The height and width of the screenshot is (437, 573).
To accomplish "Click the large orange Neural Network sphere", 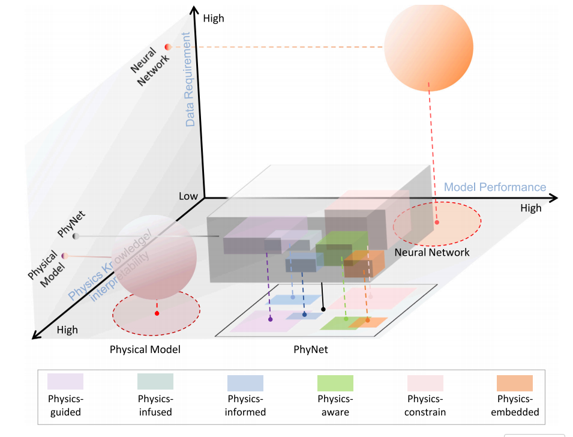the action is coord(428,47).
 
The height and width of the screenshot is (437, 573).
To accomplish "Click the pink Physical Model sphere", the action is coord(154,258).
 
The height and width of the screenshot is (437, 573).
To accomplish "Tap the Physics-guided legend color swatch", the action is coord(65,381).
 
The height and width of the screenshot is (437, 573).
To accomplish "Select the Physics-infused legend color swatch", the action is coord(155,381).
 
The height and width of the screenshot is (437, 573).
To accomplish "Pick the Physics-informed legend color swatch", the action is coord(245,383).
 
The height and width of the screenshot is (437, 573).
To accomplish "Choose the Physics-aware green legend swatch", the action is coord(335,383).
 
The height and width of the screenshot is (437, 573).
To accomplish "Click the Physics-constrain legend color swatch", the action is coord(425,383).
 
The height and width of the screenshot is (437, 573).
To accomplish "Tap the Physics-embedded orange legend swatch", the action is coord(515,383).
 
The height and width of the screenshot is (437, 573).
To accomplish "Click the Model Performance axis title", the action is coord(495,187).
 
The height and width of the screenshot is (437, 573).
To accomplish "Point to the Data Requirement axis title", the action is coord(188,79).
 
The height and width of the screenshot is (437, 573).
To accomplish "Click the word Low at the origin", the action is coord(188,196).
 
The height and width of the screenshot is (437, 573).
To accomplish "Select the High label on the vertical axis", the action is coord(214,18).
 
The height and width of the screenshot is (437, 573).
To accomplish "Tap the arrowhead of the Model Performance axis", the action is coord(554,198).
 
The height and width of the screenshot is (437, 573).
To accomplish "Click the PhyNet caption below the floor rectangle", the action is coord(311,349).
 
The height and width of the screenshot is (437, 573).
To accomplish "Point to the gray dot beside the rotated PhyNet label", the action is coord(76,237).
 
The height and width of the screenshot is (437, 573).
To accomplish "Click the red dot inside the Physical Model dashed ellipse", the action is coord(157,313).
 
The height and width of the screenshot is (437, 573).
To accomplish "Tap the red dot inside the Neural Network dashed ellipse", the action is coord(437,222).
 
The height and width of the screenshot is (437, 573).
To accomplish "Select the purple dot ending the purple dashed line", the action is coord(271,319).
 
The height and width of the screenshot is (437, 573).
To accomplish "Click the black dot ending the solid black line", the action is coord(323,309).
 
